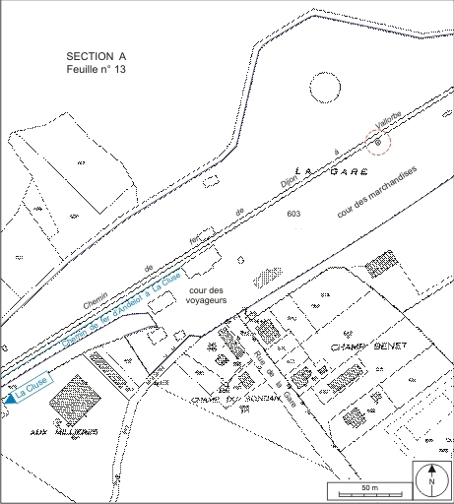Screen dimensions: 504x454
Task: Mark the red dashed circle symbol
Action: pyautogui.click(x=377, y=143)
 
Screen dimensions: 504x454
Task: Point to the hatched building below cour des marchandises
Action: pyautogui.click(x=380, y=266)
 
